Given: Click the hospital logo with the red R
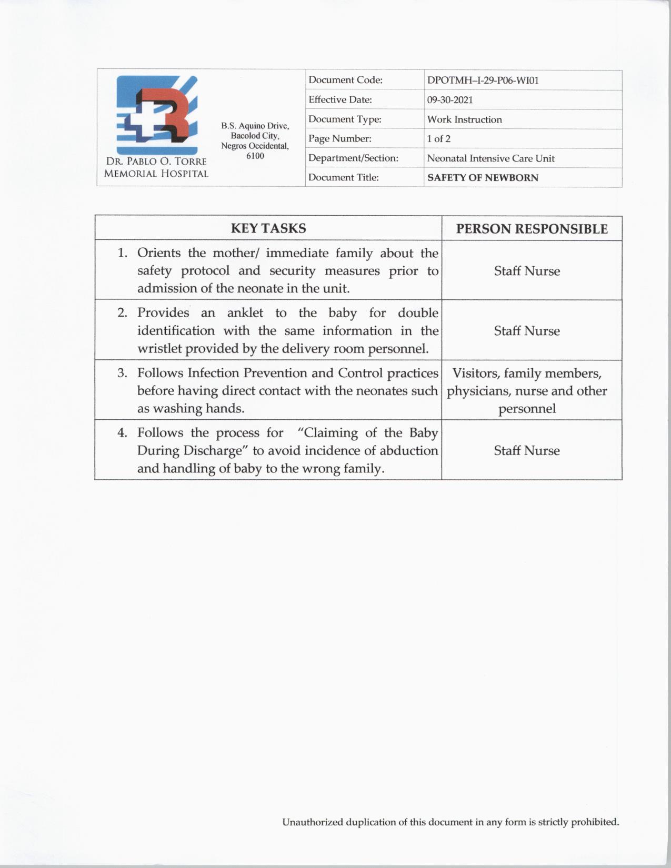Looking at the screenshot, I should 157,115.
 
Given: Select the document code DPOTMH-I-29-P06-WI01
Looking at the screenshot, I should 483,80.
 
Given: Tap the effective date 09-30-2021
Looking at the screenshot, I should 450,100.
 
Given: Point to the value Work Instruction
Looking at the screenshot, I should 464,119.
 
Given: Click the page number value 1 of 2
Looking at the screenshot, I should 438,139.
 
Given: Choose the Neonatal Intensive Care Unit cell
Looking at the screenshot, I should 490,158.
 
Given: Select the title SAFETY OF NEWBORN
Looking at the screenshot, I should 483,178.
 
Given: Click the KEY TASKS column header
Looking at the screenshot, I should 268,228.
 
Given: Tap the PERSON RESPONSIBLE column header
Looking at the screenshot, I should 532,229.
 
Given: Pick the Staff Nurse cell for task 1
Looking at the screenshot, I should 527,271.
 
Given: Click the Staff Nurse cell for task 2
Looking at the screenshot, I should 527,331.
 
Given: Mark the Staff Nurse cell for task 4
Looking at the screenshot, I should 527,450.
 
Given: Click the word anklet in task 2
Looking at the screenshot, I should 245,313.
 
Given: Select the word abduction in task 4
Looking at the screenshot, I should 411,451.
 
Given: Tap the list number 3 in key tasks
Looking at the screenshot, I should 122,373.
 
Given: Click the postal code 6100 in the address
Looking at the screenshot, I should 255,156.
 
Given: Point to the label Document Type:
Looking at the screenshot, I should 345,119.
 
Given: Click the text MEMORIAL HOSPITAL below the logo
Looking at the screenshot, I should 156,174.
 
